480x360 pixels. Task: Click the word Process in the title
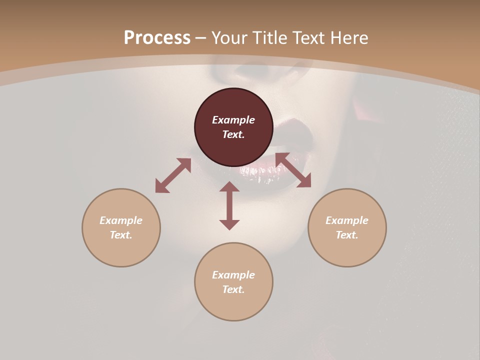click(157, 38)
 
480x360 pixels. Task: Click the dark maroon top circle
click(233, 102)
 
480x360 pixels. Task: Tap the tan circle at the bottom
click(233, 305)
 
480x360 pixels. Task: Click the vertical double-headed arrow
click(229, 205)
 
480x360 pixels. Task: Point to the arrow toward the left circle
click(173, 175)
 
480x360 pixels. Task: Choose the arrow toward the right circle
click(293, 170)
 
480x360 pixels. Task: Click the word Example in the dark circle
click(233, 120)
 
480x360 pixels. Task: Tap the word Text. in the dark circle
click(233, 134)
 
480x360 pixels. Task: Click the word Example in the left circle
click(121, 220)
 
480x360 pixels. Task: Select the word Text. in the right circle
click(347, 235)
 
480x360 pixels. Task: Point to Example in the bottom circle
click(233, 275)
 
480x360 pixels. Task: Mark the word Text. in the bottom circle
click(233, 289)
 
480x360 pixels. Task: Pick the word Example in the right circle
click(347, 220)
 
